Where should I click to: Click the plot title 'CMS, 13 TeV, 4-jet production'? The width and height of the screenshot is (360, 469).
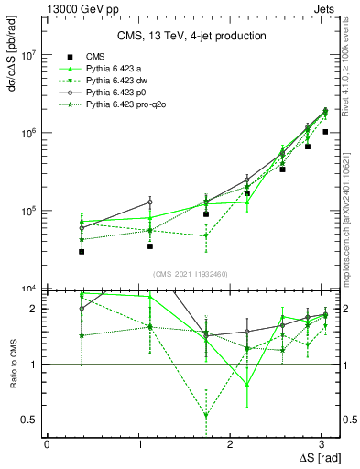click(x=192, y=36)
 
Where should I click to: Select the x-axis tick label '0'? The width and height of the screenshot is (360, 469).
click(x=47, y=445)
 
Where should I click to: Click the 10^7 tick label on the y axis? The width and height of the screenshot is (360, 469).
click(x=30, y=55)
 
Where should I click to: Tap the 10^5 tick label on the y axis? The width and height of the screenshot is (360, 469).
click(x=30, y=211)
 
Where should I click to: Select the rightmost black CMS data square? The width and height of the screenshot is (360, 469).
click(x=325, y=132)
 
